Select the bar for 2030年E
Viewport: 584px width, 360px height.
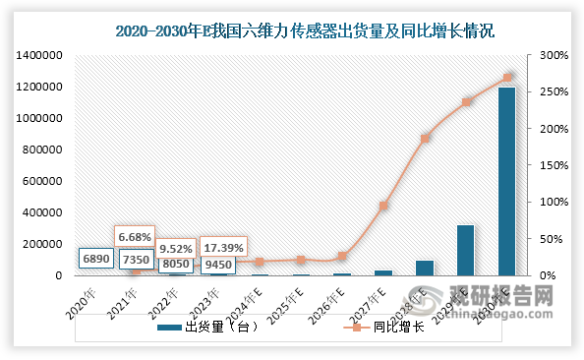point(506,181)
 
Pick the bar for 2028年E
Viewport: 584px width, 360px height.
point(424,268)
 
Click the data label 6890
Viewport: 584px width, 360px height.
point(96,258)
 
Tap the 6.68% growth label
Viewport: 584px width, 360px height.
point(136,237)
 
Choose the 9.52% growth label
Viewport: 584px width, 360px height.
point(177,249)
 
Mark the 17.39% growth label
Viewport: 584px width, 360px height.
point(223,247)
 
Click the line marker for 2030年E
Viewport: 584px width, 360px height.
point(506,78)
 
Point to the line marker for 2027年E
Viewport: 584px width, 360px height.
point(382,206)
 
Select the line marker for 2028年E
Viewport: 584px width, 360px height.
point(424,139)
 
